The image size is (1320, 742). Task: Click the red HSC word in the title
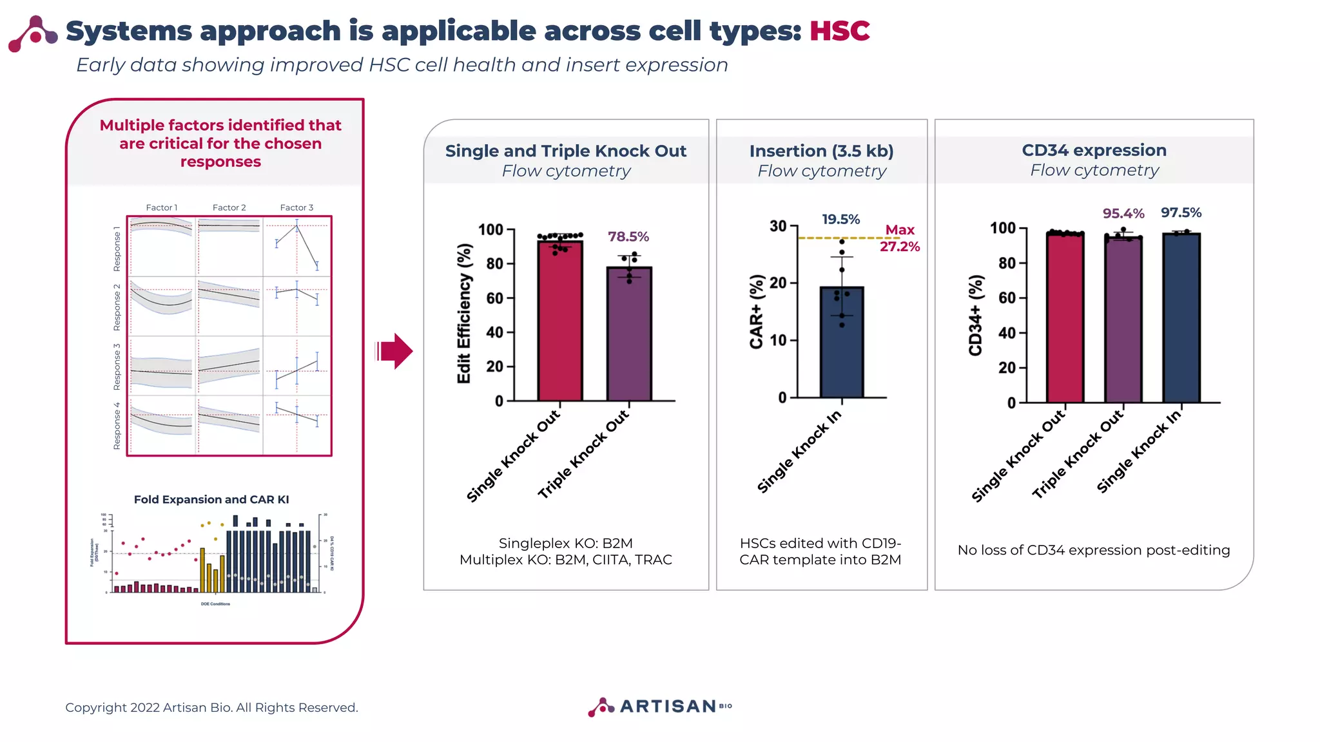point(839,31)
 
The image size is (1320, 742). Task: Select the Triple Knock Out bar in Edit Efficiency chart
point(628,335)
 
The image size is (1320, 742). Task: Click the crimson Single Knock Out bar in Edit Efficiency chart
point(559,322)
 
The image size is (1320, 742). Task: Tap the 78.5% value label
point(628,237)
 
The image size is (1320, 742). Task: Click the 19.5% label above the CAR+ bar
point(840,220)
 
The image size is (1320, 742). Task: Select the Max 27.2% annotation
point(900,238)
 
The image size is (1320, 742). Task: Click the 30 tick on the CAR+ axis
point(778,226)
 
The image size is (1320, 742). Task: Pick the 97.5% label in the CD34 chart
point(1181,213)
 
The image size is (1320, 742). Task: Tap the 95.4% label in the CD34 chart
point(1123,214)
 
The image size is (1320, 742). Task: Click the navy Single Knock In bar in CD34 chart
point(1181,319)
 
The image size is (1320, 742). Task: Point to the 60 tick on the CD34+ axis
point(1007,298)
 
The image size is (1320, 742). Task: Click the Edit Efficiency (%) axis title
point(464,314)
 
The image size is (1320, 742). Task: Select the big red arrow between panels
point(394,352)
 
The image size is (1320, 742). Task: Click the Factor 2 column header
point(229,207)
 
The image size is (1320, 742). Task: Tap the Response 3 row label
point(117,366)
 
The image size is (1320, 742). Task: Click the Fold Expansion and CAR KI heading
point(211,499)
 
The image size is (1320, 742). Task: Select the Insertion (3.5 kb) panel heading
point(821,151)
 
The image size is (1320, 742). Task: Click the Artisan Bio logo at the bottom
point(659,707)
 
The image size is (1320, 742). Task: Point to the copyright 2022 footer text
point(211,707)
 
